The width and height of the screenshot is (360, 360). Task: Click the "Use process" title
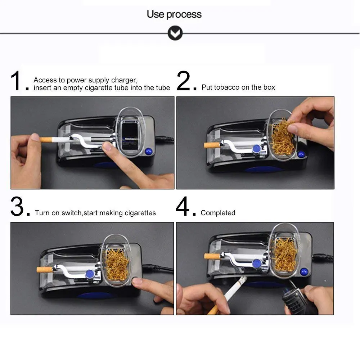(174, 14)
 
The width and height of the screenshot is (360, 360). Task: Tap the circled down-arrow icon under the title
(175, 33)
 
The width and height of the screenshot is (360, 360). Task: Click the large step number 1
(16, 81)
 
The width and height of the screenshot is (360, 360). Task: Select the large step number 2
(184, 81)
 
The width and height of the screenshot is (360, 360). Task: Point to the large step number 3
(17, 206)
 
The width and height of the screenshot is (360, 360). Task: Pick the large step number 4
(183, 206)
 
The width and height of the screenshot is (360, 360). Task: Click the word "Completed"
(218, 213)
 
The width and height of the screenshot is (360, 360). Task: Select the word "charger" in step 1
(124, 80)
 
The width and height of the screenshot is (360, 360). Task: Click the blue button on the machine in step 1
(149, 151)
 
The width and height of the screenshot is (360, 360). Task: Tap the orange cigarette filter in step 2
(212, 145)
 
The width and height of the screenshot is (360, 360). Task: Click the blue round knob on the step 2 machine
(256, 149)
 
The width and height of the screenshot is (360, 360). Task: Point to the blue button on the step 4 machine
(304, 272)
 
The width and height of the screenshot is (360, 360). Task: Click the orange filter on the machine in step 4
(212, 256)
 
